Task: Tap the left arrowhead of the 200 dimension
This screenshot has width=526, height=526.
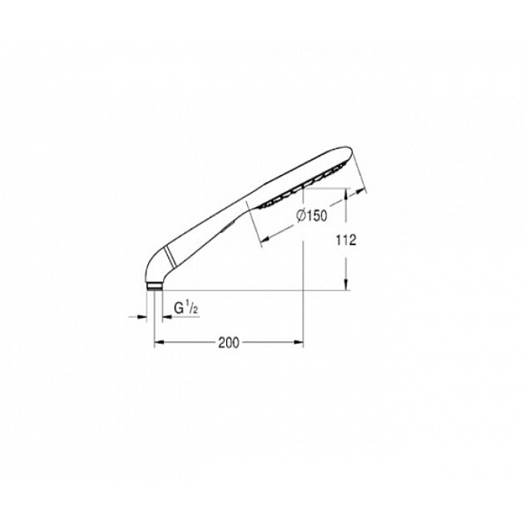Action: point(158,344)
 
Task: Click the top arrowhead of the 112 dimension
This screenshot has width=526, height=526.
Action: point(346,197)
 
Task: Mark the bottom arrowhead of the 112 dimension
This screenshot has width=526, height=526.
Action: point(346,286)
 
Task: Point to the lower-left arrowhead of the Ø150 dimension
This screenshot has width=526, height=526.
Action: point(263,242)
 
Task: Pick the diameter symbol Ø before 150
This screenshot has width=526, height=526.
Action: point(299,216)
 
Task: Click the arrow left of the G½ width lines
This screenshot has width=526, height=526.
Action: point(141,317)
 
